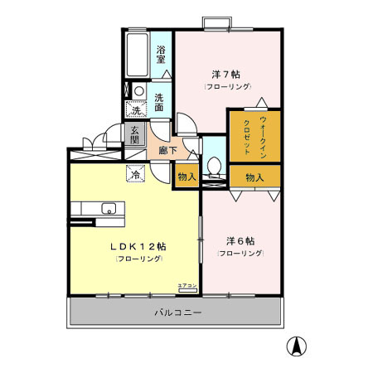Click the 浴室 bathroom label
(x=161, y=53)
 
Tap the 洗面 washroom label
(x=159, y=102)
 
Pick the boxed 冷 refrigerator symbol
(x=133, y=174)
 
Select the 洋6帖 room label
(x=240, y=241)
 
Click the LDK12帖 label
(x=138, y=246)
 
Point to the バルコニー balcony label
(x=177, y=312)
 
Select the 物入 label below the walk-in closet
(x=254, y=177)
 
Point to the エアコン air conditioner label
(x=187, y=285)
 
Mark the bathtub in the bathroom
(x=138, y=55)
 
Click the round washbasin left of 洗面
(x=139, y=92)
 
